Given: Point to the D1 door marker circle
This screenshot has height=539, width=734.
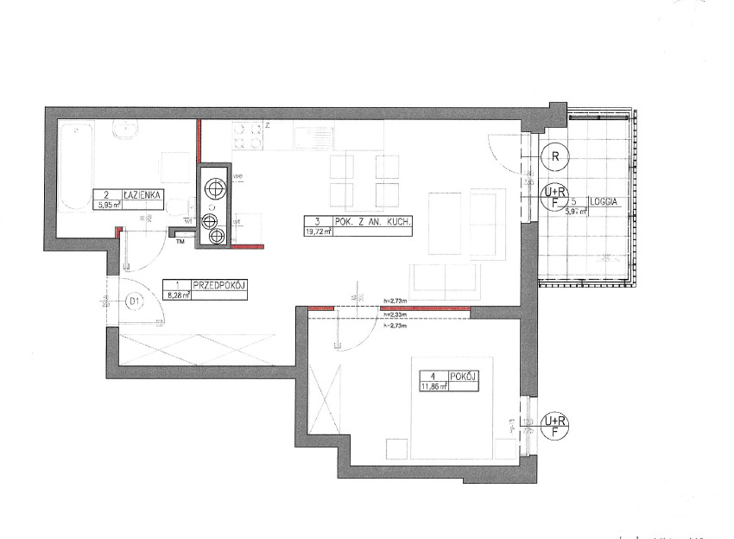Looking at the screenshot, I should pyautogui.click(x=134, y=301).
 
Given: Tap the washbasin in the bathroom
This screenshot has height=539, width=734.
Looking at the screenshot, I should pyautogui.click(x=126, y=130).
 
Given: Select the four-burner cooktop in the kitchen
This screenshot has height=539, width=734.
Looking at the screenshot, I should pyautogui.click(x=248, y=136).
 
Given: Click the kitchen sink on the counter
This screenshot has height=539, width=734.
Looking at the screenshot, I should pyautogui.click(x=313, y=136).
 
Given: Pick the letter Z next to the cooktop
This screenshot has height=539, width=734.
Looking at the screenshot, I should pyautogui.click(x=269, y=125).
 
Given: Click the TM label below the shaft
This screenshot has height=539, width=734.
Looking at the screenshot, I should pyautogui.click(x=180, y=242).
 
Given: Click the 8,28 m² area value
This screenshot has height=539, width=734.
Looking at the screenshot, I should pyautogui.click(x=175, y=295).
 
